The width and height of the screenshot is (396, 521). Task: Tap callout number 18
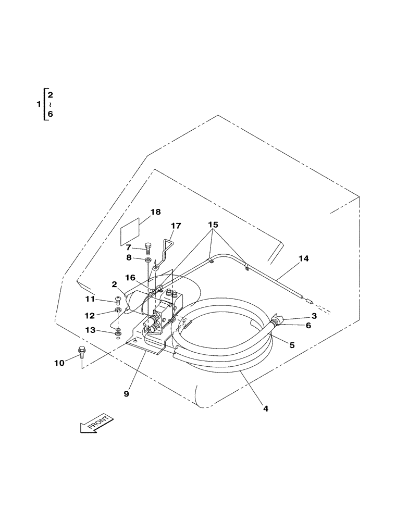155,212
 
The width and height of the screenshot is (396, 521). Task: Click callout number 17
176,226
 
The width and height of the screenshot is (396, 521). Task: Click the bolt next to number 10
81,353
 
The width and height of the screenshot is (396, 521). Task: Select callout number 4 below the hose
265,409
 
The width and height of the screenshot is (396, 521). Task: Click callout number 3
314,316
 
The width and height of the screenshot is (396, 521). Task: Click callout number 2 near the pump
114,284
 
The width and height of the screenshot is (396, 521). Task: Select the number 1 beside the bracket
38,105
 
